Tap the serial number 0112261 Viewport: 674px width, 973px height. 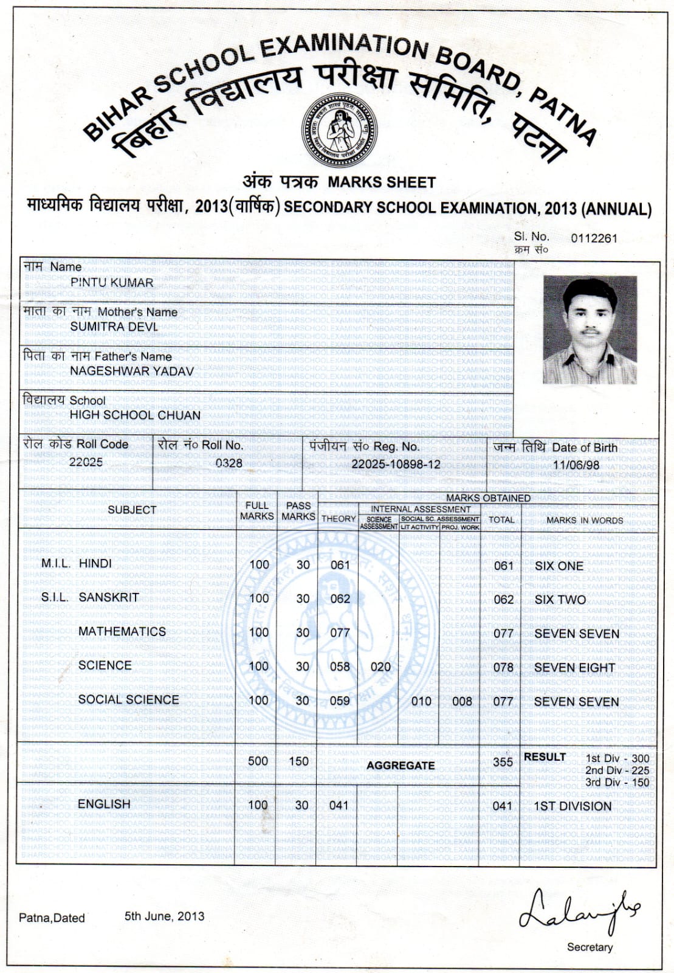[x=594, y=238]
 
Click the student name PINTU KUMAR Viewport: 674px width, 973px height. [x=112, y=283]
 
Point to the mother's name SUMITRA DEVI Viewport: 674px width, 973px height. [x=114, y=327]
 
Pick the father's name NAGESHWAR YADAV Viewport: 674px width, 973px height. [x=132, y=371]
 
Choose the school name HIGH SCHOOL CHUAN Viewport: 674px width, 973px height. [x=135, y=415]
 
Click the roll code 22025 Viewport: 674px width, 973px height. [x=86, y=462]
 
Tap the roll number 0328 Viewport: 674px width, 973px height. [x=229, y=463]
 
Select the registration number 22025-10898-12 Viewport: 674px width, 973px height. [x=396, y=464]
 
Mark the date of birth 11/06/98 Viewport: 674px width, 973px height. [x=576, y=465]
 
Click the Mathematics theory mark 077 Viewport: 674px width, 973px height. [x=340, y=633]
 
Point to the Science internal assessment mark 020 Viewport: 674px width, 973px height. [x=380, y=667]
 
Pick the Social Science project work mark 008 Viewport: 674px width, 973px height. [x=462, y=701]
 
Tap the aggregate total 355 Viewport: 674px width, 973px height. [x=503, y=762]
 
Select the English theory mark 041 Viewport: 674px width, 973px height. [x=339, y=806]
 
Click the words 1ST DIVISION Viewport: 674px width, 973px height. [x=573, y=806]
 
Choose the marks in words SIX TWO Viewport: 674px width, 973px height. [x=560, y=600]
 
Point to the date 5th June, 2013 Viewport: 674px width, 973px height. [x=164, y=916]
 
